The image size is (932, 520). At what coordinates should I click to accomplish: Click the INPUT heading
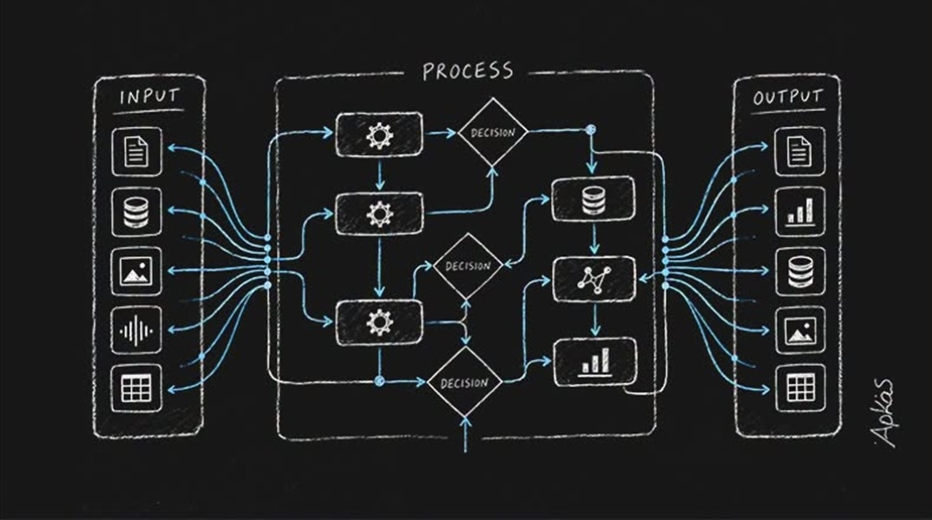pos(149,96)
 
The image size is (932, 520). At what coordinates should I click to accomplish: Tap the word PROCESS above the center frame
pos(468,71)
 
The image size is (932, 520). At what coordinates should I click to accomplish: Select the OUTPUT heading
pos(788,97)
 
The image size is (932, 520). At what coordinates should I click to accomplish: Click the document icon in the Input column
pos(136,152)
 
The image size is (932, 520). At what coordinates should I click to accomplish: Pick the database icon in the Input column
pos(136,212)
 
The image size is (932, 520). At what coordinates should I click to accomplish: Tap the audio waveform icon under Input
pos(136,330)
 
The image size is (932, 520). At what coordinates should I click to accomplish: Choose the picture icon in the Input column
pos(136,271)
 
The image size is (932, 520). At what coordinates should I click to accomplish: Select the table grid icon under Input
pos(136,389)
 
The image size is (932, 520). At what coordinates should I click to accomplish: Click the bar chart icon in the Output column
pos(800,211)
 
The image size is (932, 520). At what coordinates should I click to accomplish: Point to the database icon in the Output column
pos(800,270)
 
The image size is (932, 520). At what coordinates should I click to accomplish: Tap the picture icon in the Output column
pos(800,330)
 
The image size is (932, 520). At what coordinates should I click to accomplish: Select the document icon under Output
pos(800,151)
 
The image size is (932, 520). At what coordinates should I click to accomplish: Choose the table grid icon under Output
pos(800,388)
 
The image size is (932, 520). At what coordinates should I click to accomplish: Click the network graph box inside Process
pos(594,279)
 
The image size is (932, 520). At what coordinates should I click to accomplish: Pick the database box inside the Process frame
pos(593,199)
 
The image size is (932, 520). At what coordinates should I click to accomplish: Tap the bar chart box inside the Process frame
pos(595,362)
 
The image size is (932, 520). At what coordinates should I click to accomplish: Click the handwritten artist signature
pos(884,413)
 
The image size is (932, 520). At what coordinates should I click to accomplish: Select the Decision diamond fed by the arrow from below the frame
pos(465,382)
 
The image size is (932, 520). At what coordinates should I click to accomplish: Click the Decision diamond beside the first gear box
pos(493,133)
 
